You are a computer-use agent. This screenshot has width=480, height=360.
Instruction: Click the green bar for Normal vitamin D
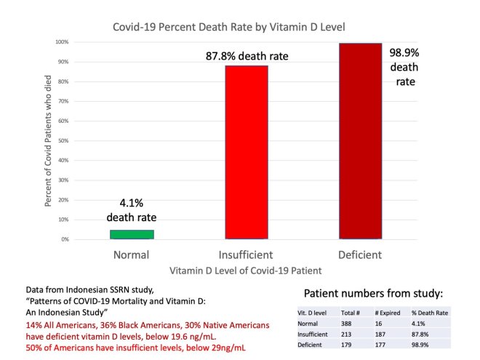(x=132, y=234)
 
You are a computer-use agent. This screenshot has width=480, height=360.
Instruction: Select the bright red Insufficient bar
(x=247, y=152)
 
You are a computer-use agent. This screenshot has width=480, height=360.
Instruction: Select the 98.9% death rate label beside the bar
(x=405, y=65)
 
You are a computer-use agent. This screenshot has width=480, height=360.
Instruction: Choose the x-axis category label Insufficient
(x=247, y=255)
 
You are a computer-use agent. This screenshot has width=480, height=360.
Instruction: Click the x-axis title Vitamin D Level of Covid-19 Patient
(x=246, y=271)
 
